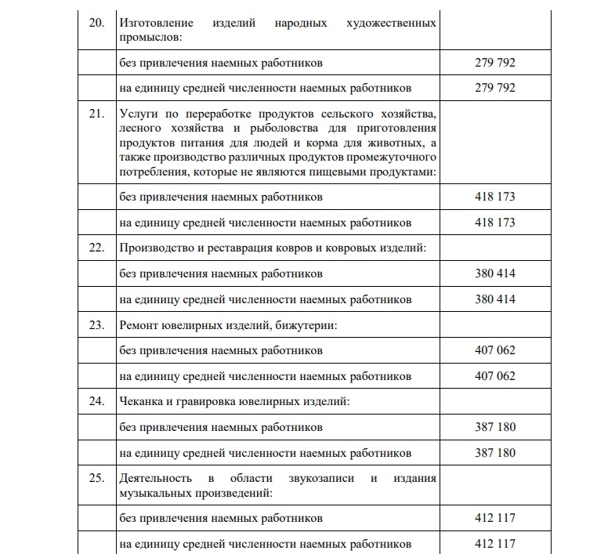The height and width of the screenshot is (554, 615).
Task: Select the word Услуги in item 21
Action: (x=138, y=113)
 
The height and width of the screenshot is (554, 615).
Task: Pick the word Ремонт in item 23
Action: (x=139, y=325)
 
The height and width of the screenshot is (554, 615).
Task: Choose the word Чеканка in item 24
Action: (x=142, y=402)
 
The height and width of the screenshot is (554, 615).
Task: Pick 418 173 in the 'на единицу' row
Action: (x=495, y=223)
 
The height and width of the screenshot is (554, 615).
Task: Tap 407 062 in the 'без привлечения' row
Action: (x=495, y=350)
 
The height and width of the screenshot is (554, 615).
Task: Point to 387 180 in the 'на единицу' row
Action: (x=495, y=453)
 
